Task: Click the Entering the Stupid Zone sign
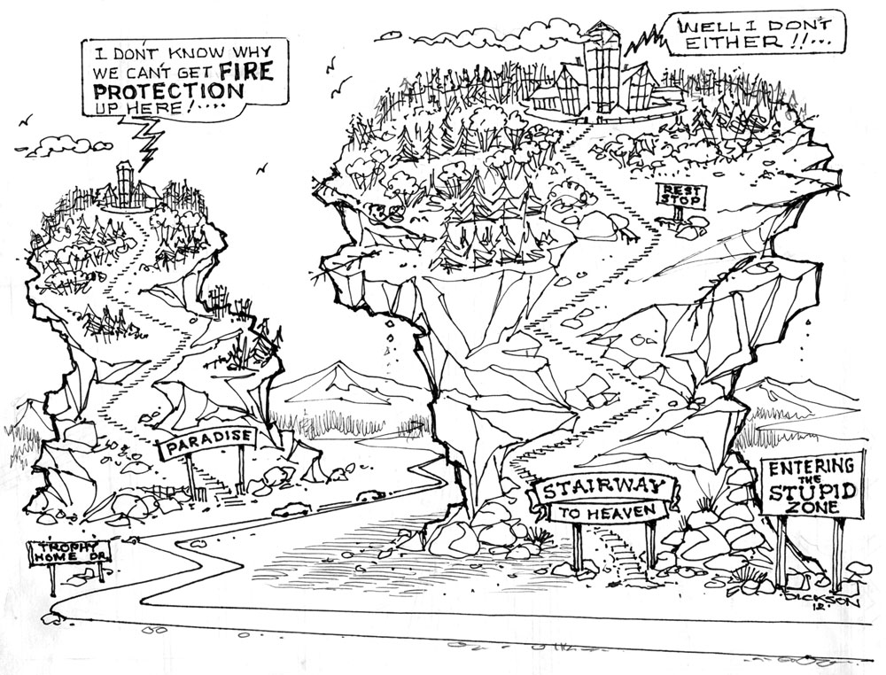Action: [812, 485]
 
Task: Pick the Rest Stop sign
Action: [679, 195]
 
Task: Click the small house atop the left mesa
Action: [128, 187]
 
